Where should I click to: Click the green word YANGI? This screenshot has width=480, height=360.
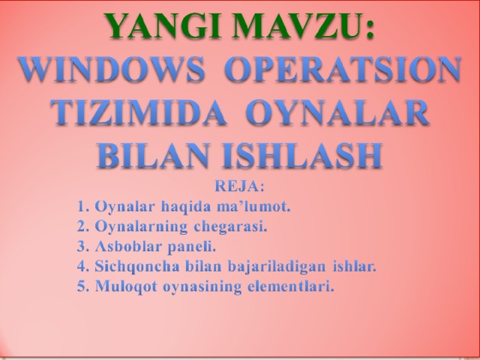[x=162, y=25]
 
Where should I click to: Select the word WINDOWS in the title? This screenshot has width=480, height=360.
[x=112, y=69]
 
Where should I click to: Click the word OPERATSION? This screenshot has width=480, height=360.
[x=343, y=69]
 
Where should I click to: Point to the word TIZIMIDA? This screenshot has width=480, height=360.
[x=139, y=112]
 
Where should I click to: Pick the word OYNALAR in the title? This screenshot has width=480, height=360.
[x=337, y=112]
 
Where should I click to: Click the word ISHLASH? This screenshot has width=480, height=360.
[x=302, y=156]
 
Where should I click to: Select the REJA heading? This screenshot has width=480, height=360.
[x=239, y=186]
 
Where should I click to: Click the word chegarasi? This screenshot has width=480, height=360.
[x=230, y=226]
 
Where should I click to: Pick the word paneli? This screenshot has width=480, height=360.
[x=192, y=247]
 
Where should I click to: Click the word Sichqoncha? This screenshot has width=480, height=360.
[x=137, y=267]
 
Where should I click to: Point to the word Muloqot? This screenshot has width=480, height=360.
[x=127, y=286]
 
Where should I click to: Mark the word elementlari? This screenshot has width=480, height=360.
[x=291, y=286]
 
